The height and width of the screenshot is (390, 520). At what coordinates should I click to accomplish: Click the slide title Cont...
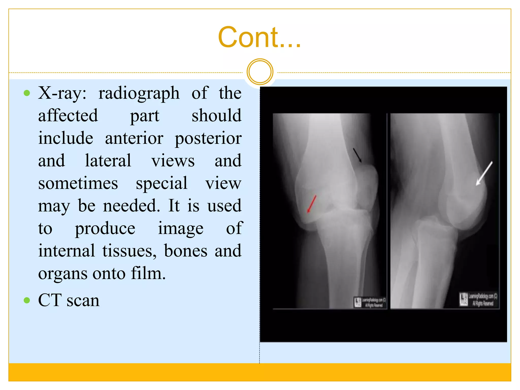click(x=259, y=37)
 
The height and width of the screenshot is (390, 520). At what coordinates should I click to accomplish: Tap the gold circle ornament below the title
click(x=260, y=72)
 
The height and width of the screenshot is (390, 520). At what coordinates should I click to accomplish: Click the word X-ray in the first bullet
click(x=62, y=93)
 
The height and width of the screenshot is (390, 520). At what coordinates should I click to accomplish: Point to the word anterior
click(x=134, y=138)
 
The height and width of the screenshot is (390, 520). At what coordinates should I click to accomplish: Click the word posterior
click(x=208, y=139)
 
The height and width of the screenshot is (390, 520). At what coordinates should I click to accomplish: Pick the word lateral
click(x=108, y=161)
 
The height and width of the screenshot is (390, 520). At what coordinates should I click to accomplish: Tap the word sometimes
click(x=78, y=183)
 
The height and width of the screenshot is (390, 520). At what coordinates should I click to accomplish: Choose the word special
click(x=161, y=183)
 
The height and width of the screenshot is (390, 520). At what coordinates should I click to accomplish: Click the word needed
click(x=131, y=205)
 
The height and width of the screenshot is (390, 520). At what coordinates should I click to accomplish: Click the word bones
click(x=186, y=251)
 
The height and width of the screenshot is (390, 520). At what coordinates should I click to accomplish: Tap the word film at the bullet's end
click(x=148, y=273)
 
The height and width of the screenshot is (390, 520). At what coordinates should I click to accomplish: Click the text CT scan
click(x=69, y=300)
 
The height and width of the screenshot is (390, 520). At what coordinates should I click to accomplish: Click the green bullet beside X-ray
click(x=27, y=93)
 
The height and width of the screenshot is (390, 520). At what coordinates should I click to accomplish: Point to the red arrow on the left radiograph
click(x=312, y=204)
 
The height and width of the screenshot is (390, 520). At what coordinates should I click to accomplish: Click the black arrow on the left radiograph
click(x=357, y=155)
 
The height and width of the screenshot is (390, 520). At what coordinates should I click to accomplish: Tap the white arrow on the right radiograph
click(x=484, y=173)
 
